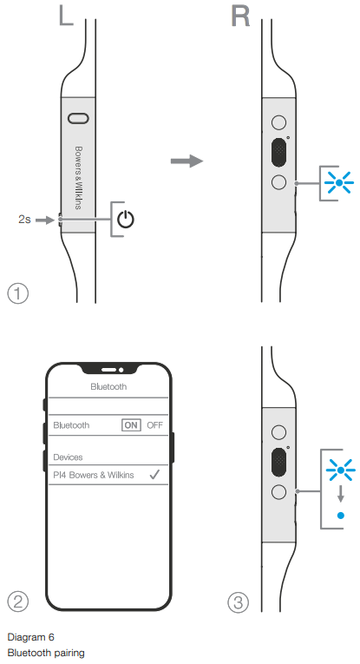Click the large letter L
click(x=65, y=16)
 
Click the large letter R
click(x=240, y=16)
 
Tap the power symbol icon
click(x=126, y=220)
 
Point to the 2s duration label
click(x=24, y=220)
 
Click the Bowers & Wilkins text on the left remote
click(x=78, y=178)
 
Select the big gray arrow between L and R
click(x=187, y=161)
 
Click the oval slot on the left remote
click(x=78, y=119)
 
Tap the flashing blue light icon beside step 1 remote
click(x=338, y=183)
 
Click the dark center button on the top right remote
click(x=278, y=152)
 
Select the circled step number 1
click(x=17, y=293)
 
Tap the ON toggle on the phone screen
click(x=131, y=425)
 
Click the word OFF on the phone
click(x=154, y=425)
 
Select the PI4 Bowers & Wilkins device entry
click(x=94, y=475)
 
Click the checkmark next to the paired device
click(x=154, y=475)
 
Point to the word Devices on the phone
click(x=68, y=457)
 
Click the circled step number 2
click(x=17, y=602)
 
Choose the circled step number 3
click(x=239, y=602)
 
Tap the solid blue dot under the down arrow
click(x=341, y=516)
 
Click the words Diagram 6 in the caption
click(x=31, y=637)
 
